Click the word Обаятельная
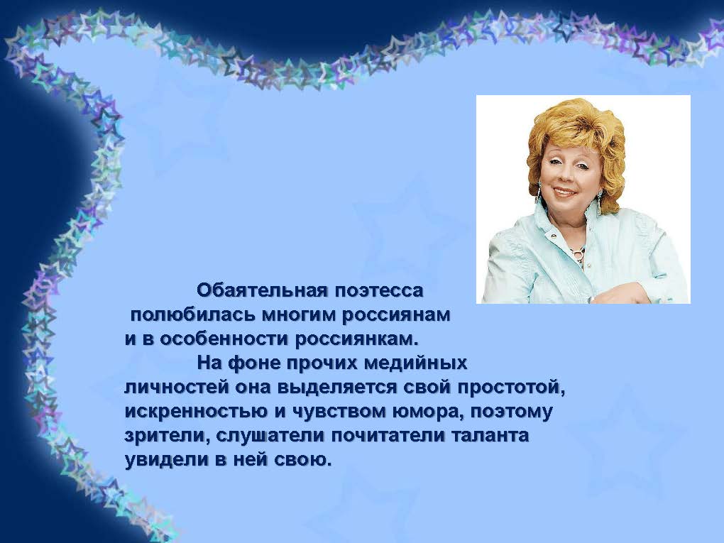(263, 291)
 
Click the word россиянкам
(356, 339)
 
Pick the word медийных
(415, 363)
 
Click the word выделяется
(337, 388)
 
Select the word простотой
(511, 388)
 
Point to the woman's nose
(561, 175)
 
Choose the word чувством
(339, 412)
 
